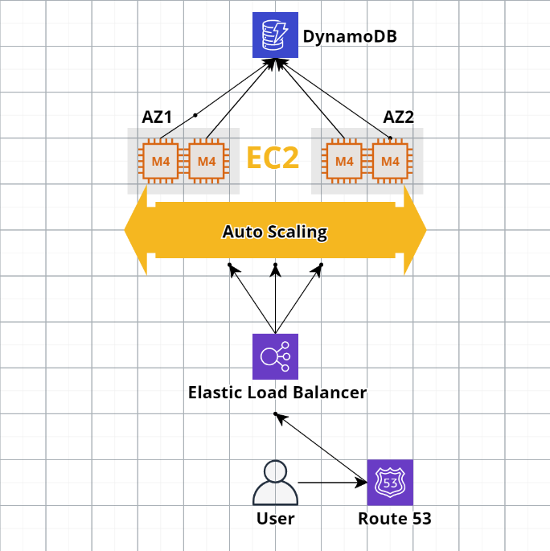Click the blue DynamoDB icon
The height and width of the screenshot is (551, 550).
[275, 35]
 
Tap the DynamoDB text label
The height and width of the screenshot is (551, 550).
[350, 37]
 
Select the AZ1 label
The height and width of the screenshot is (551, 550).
[158, 117]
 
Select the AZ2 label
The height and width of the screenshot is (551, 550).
[399, 117]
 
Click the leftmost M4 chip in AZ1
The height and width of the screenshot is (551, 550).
[161, 162]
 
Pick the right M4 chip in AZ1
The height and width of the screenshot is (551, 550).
[207, 162]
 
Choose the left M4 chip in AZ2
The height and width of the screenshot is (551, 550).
[344, 162]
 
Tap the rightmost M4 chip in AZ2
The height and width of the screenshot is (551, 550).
[390, 162]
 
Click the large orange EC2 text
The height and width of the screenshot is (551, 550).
[273, 158]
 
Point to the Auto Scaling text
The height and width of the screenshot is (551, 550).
[275, 232]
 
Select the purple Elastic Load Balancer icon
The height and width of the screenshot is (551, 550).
[275, 356]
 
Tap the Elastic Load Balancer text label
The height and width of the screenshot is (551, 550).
[277, 393]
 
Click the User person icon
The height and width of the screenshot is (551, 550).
[275, 483]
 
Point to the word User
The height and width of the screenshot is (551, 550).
[275, 519]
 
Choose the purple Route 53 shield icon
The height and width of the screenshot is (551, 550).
[390, 483]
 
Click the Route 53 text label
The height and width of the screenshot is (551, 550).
[394, 519]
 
